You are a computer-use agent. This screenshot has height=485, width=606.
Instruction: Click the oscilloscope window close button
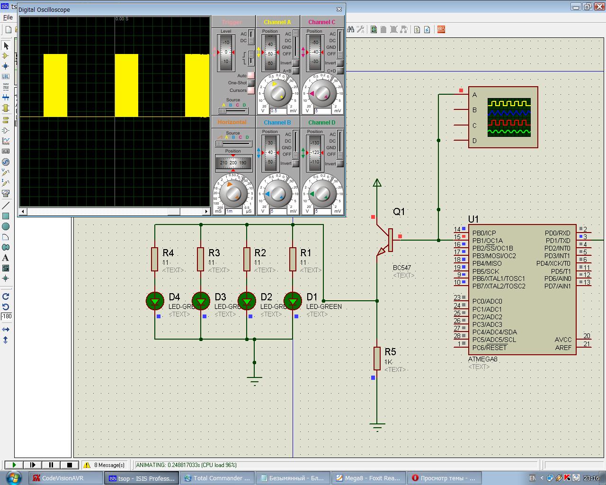point(339,9)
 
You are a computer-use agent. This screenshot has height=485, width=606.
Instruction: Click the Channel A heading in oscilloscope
point(277,22)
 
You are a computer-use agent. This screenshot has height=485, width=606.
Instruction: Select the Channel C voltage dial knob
point(322,93)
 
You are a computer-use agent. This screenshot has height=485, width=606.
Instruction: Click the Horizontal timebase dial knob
point(233,193)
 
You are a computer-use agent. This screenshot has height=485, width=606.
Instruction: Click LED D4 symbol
point(155,300)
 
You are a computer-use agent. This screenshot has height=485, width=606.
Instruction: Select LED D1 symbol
point(293,300)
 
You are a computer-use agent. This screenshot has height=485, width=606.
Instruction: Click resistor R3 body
point(201,259)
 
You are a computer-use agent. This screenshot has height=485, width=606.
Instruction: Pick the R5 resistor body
point(377,358)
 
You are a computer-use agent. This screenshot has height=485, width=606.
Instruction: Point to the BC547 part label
point(402,268)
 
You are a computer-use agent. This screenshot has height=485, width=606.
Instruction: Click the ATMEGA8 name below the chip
point(482,359)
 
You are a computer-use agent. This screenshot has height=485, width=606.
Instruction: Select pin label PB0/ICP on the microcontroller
point(484,233)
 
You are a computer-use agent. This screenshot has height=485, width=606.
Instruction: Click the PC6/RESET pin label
point(490,348)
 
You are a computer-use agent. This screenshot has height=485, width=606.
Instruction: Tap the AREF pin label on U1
point(563,348)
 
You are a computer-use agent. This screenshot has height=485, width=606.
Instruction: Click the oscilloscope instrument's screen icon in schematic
point(509,117)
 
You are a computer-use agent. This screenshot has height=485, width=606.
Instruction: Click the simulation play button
point(14,465)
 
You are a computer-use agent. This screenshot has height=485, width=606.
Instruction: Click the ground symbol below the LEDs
point(254,380)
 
